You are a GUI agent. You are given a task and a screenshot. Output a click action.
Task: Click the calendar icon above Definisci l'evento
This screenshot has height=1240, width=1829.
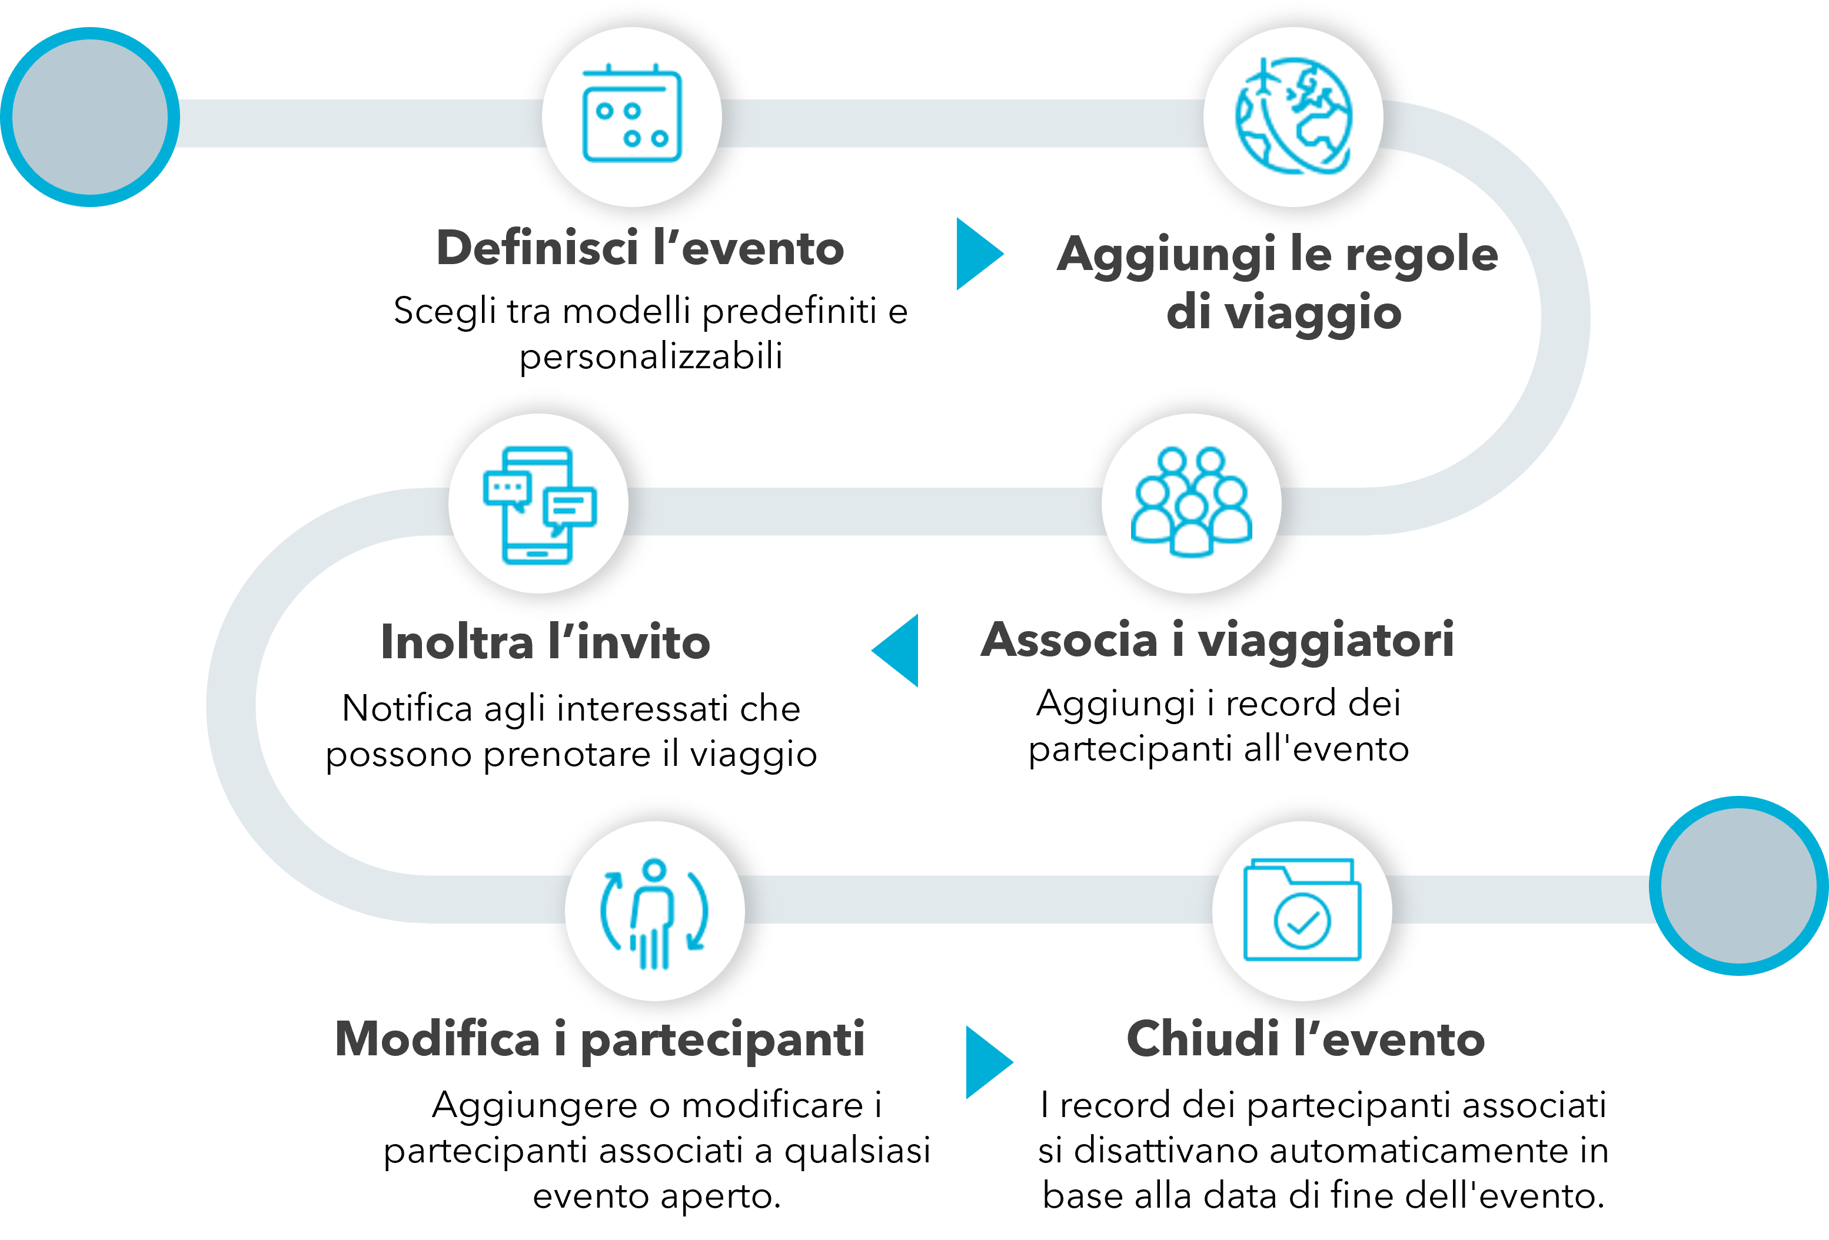[631, 116]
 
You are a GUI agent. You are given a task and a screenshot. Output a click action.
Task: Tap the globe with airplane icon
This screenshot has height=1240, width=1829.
[1293, 116]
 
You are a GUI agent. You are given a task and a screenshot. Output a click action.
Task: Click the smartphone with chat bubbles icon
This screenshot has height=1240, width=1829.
[539, 504]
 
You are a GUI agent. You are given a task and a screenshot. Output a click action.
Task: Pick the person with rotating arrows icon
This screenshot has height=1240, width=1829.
[655, 913]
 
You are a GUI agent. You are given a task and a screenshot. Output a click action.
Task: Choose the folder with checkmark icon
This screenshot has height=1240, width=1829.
[1302, 911]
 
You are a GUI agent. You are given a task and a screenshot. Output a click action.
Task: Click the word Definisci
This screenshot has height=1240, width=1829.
[537, 249]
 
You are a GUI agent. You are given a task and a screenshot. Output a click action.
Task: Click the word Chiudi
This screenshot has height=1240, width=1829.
[1202, 1039]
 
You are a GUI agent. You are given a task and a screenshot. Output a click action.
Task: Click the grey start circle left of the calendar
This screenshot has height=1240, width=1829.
[91, 116]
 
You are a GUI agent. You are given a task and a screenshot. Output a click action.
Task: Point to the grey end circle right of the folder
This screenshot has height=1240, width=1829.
[1740, 885]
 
